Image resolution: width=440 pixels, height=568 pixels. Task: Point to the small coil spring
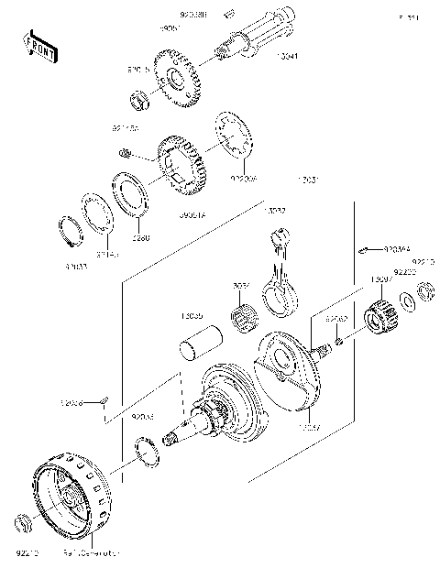click(x=128, y=150)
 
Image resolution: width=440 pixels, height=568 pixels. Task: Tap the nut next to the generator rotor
click(x=25, y=526)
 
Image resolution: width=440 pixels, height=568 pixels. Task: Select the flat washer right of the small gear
click(x=405, y=301)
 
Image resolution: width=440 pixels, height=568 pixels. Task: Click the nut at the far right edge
click(x=425, y=292)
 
